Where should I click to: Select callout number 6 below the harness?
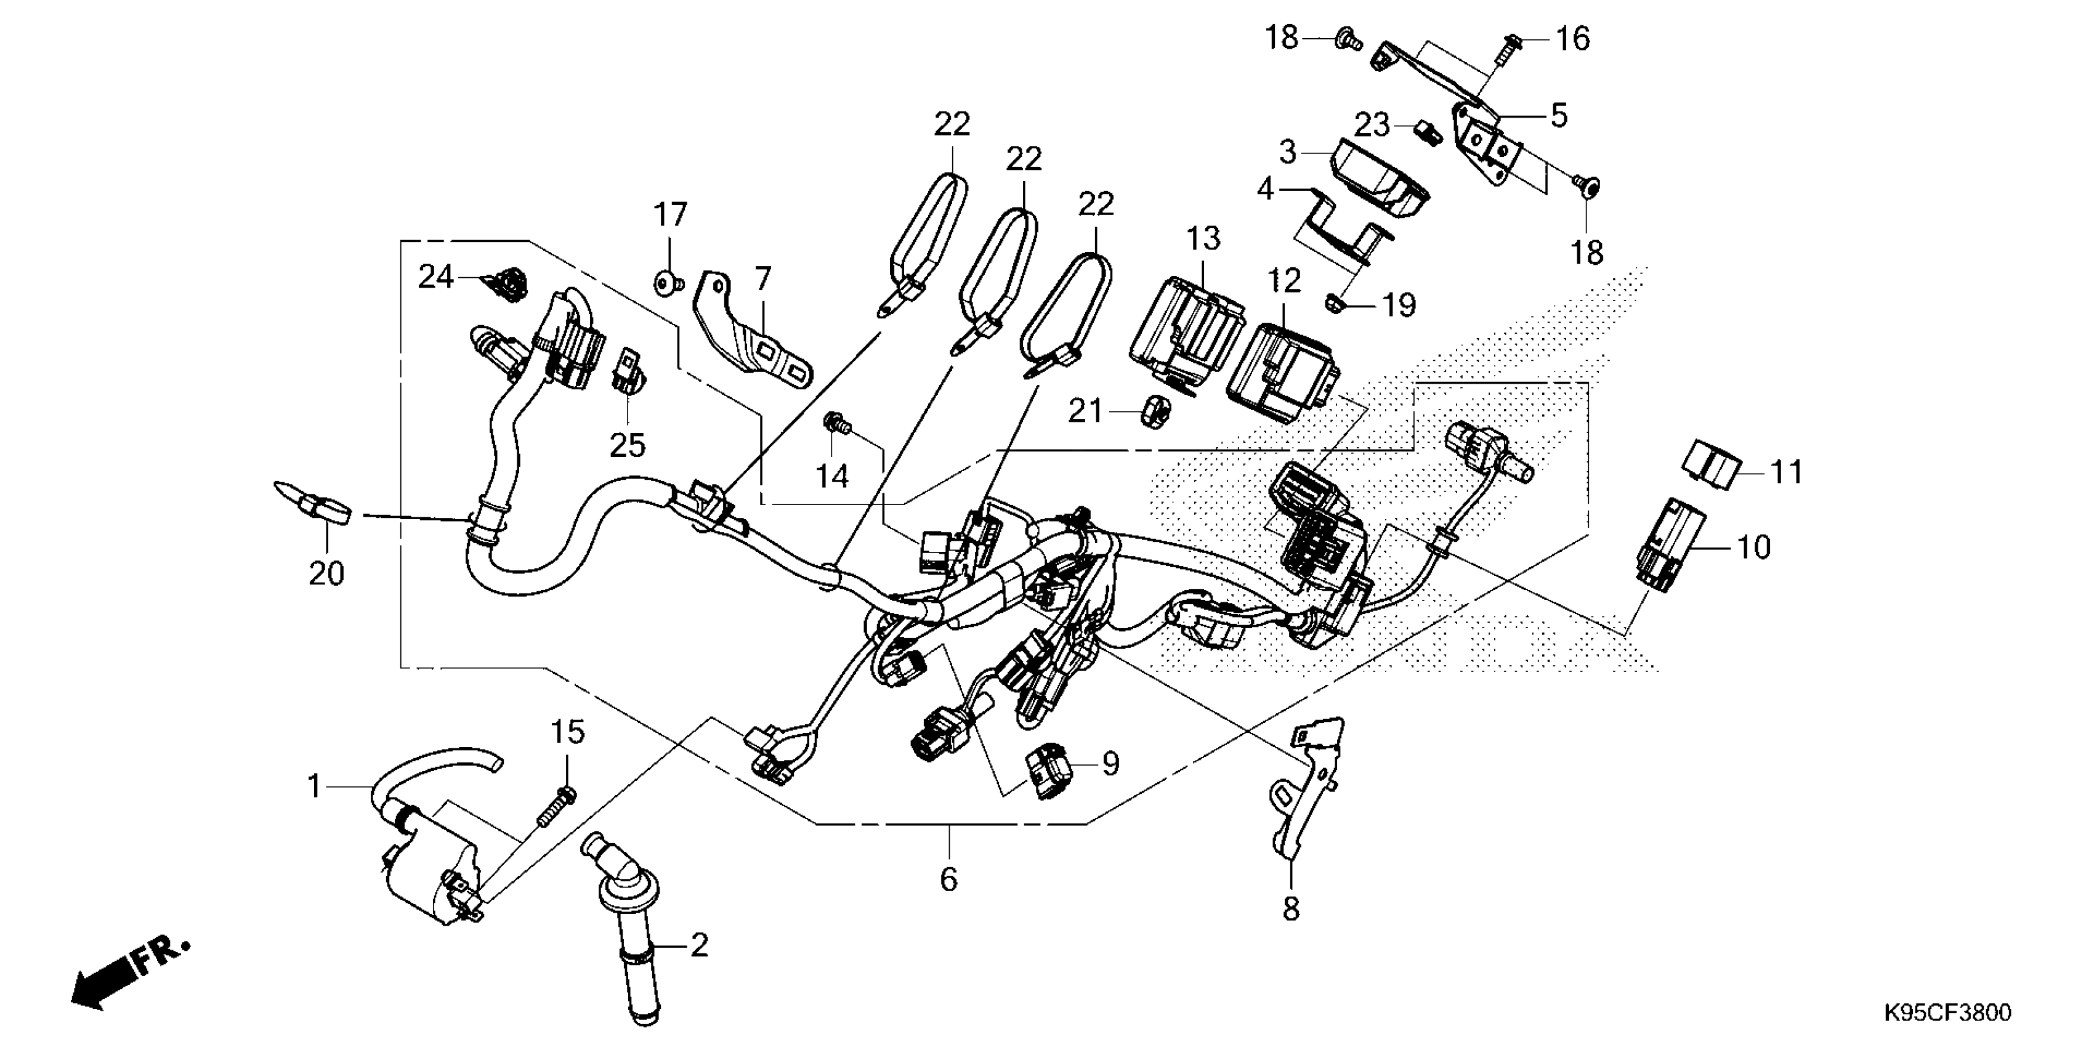point(948,879)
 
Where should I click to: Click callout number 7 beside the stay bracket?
point(762,280)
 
